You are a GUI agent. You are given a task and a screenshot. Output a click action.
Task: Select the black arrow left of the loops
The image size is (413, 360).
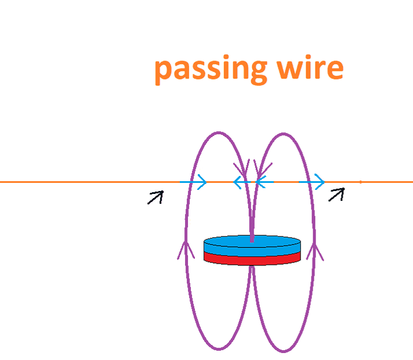pyautogui.click(x=155, y=198)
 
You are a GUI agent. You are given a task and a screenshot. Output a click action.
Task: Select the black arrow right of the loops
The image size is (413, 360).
pyautogui.click(x=336, y=194)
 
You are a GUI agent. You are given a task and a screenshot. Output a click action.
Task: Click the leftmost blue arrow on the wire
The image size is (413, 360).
pyautogui.click(x=194, y=182)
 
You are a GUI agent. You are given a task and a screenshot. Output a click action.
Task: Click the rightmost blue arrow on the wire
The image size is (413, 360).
pyautogui.click(x=312, y=182)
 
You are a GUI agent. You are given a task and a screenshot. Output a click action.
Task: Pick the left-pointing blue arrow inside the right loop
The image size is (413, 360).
pyautogui.click(x=264, y=183)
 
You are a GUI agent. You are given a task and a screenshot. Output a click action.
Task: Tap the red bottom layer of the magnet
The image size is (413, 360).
pyautogui.click(x=252, y=260)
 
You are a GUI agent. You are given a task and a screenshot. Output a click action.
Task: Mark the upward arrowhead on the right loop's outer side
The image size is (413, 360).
pyautogui.click(x=316, y=251)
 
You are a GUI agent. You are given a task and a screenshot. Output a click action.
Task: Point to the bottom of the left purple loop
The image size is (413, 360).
pyautogui.click(x=219, y=349)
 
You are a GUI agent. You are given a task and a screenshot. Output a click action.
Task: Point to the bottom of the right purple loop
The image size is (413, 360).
pyautogui.click(x=283, y=350)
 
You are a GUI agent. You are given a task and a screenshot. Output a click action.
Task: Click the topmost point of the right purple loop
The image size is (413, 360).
pyautogui.click(x=282, y=134)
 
